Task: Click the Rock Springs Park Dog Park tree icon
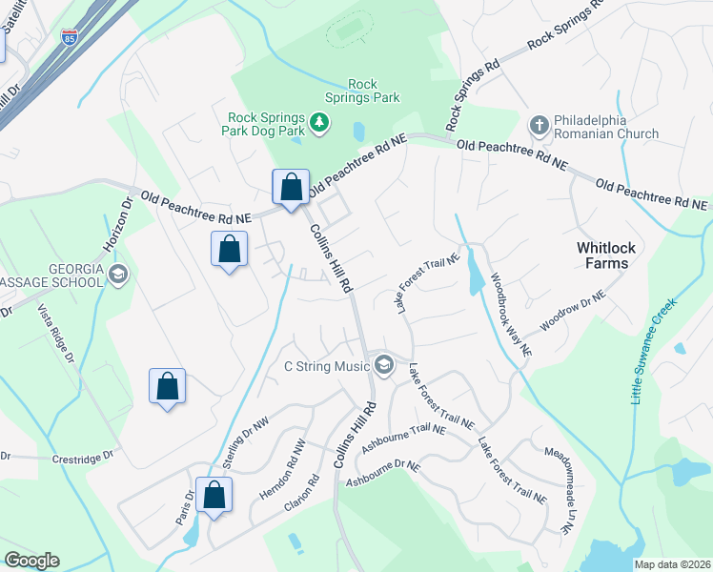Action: [x=320, y=121]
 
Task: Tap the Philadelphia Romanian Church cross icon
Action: [x=539, y=125]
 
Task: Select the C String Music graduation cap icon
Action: [x=384, y=365]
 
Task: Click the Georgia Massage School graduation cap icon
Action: [x=118, y=276]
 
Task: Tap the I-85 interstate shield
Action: [x=69, y=38]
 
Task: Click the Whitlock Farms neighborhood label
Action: [x=602, y=255]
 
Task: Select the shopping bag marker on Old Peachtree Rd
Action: [x=291, y=187]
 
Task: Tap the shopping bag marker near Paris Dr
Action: [x=214, y=495]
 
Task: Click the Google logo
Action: [x=31, y=561]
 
